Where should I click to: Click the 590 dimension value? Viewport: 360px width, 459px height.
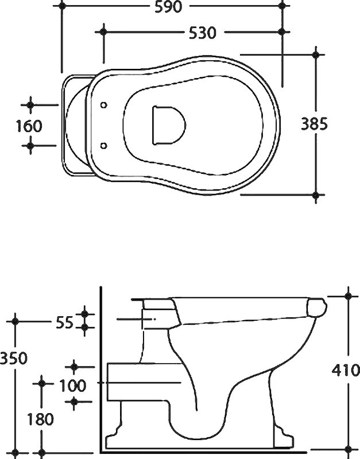click(168, 6)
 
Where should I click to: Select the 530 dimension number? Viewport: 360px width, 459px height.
click(202, 33)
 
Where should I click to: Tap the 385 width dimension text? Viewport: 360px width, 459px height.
click(314, 124)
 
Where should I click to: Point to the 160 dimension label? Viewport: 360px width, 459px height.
click(29, 126)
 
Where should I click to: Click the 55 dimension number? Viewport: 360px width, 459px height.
click(64, 322)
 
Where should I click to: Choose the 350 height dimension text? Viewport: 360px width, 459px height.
click(13, 358)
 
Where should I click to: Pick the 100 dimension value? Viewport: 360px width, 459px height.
click(73, 386)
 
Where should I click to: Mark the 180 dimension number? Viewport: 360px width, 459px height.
click(40, 419)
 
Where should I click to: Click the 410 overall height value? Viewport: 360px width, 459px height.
click(346, 370)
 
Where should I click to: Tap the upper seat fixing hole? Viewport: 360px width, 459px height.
click(104, 105)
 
